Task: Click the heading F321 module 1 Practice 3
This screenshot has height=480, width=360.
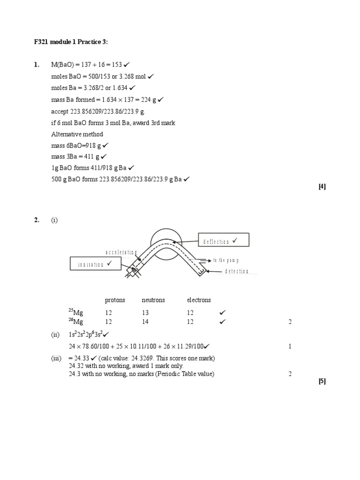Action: tap(71, 42)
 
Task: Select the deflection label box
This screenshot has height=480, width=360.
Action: tap(223, 240)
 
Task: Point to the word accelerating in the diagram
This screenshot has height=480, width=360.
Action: tap(121, 252)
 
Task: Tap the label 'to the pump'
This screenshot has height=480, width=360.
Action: tap(226, 260)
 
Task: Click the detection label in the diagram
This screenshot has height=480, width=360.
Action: tap(237, 271)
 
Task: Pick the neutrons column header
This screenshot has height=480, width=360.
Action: tap(153, 300)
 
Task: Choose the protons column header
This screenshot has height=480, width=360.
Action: tap(115, 300)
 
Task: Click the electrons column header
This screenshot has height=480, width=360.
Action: tap(199, 300)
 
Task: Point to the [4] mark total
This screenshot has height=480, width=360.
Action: tap(322, 187)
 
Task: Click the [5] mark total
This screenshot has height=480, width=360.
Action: tap(322, 381)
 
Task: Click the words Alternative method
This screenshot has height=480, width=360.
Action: tap(77, 135)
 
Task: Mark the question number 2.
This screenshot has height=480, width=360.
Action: tap(37, 221)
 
